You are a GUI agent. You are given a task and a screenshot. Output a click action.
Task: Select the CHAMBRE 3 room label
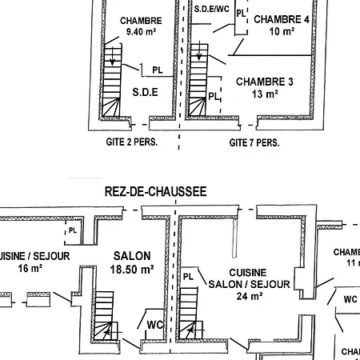point(265,82)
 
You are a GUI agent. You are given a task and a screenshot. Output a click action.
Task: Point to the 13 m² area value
point(265,94)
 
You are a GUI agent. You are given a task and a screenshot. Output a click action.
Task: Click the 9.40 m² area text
point(141,33)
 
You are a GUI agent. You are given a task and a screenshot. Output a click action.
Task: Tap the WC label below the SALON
point(154,325)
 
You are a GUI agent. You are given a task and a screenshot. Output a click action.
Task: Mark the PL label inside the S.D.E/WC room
point(241,14)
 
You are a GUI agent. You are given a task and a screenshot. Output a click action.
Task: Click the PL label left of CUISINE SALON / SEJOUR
point(189,277)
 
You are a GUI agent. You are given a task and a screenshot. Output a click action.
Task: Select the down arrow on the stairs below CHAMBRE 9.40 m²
point(114,58)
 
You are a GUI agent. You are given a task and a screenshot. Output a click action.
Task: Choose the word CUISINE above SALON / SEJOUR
point(242,273)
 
